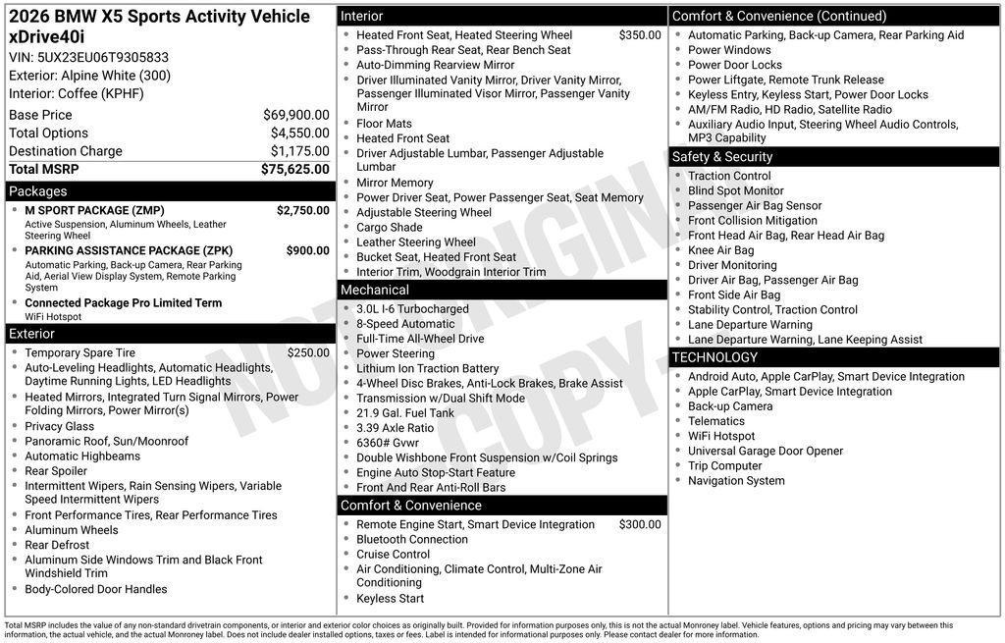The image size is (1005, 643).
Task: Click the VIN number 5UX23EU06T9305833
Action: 102,57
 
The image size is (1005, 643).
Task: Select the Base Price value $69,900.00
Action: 295,115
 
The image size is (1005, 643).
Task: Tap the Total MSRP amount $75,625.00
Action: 294,169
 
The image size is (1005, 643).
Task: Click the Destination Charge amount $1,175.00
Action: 299,151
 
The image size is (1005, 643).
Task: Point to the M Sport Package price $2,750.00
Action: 302,210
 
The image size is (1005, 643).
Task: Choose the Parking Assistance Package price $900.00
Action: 307,250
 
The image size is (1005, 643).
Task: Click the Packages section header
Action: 38,191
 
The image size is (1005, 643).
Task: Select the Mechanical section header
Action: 375,291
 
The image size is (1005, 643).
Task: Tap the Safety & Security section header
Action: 722,157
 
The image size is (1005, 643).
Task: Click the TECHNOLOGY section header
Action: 715,357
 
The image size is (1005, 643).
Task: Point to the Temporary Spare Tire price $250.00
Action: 308,352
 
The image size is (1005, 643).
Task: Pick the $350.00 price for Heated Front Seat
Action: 640,35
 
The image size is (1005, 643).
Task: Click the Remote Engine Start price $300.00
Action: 640,524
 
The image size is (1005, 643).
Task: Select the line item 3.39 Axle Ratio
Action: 395,428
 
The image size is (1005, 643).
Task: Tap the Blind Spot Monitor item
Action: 736,190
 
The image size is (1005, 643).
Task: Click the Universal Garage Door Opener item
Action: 766,451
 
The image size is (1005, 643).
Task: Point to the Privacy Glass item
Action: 60,426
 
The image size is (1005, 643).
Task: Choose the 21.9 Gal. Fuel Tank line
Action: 405,413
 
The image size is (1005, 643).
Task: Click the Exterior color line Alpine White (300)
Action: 89,76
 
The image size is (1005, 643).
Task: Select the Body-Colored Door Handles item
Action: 96,589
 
